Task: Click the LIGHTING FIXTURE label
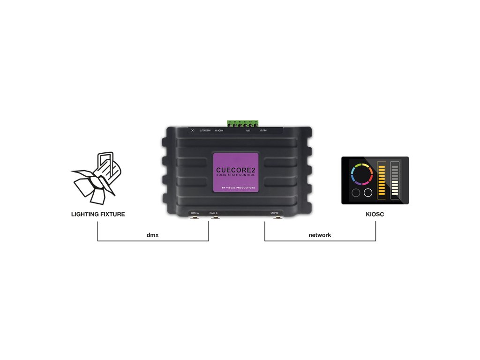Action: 98,214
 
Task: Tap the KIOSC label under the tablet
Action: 375,214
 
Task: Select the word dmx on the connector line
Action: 153,235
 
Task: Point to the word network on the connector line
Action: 320,235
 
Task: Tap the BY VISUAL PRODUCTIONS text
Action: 239,188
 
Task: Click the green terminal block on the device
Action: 243,124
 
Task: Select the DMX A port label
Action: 195,213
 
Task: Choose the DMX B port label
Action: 213,213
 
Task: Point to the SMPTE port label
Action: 274,213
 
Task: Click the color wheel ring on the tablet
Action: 361,174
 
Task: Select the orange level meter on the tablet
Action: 381,180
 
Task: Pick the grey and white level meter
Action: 395,180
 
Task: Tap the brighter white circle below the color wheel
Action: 368,193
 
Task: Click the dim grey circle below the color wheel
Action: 355,193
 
